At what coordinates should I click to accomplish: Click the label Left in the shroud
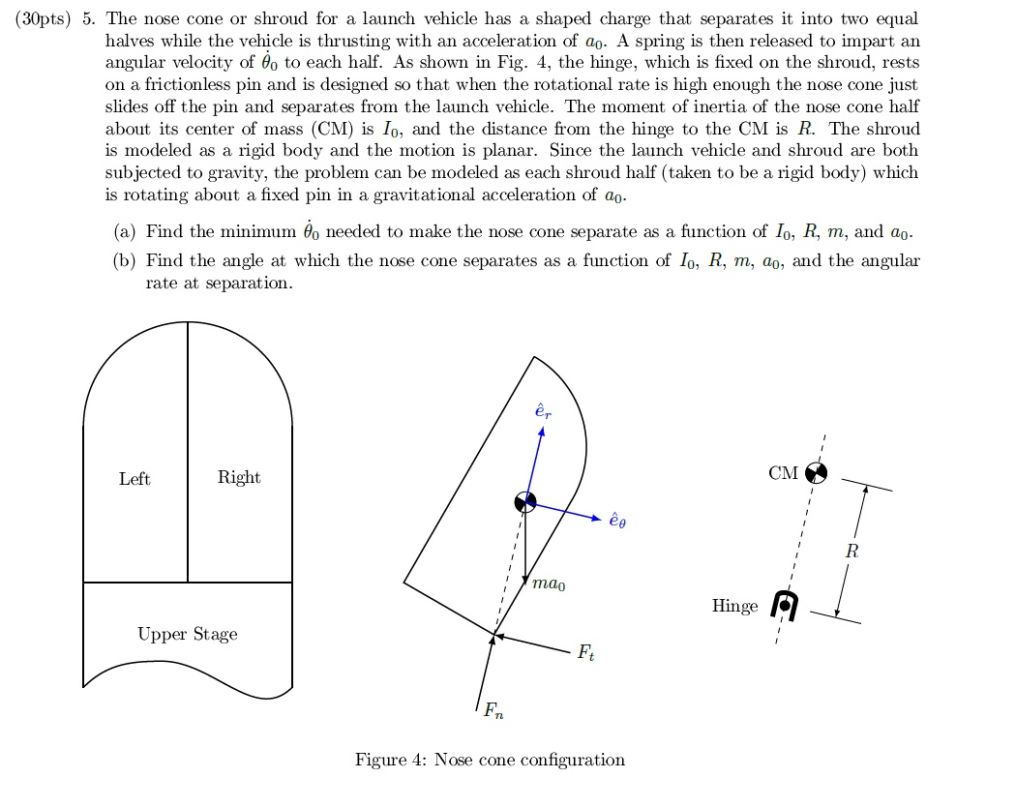pos(134,479)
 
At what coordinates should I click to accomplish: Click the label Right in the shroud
pos(239,477)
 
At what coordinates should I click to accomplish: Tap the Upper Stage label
pos(187,635)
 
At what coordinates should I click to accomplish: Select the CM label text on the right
pos(783,473)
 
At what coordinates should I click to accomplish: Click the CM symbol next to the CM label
pos(817,472)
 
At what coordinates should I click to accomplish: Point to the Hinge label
pos(734,607)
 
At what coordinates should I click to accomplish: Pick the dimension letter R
pos(851,553)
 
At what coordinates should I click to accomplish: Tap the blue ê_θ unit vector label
pos(618,521)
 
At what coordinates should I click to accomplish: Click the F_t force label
pos(586,653)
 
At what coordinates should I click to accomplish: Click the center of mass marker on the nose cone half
pos(524,502)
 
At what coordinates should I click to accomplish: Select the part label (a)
pos(124,232)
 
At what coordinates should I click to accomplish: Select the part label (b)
pos(124,261)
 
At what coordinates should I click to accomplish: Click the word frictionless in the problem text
pos(176,85)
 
